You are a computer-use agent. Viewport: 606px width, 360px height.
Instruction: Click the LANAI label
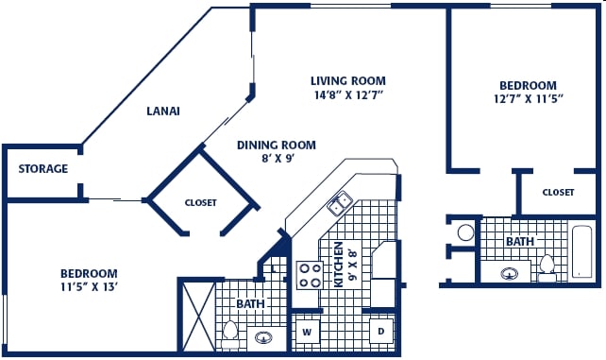pos(163,111)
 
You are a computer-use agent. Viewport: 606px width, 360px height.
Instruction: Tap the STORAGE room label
pos(43,168)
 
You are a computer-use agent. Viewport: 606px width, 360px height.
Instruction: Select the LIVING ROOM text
pos(348,81)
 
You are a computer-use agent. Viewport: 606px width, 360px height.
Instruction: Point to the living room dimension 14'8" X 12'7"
pos(348,95)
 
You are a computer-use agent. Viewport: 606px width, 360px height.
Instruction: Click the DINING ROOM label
pos(277,145)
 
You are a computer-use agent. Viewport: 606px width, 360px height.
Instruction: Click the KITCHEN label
pos(338,265)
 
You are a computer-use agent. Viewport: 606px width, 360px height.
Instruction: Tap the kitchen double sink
pos(339,203)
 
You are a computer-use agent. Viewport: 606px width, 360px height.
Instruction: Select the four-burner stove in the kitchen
pos(310,275)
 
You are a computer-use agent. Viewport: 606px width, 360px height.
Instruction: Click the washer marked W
pos(307,332)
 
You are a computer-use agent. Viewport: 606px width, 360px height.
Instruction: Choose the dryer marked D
pos(381,331)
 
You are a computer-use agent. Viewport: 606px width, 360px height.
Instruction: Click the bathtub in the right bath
pos(581,251)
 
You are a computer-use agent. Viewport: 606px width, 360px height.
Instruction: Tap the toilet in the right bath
pos(547,267)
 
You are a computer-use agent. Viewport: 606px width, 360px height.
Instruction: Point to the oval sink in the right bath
pos(510,274)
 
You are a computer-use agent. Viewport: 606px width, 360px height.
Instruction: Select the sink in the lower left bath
pos(263,338)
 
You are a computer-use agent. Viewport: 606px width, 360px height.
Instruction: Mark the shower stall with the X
pos(198,317)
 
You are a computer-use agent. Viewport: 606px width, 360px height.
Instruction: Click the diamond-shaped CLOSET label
pos(200,202)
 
